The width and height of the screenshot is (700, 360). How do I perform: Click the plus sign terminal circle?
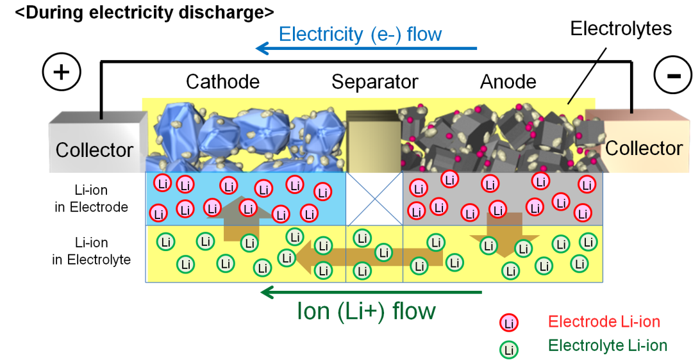[x=62, y=72]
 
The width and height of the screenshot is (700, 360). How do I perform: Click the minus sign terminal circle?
[x=673, y=74]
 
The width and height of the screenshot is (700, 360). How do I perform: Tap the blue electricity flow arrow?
[x=367, y=48]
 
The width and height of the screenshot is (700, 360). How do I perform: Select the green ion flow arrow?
[x=371, y=293]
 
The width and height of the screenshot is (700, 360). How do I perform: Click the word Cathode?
[x=223, y=81]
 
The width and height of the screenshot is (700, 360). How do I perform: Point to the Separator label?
[x=374, y=82]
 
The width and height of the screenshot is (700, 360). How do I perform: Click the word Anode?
[x=508, y=81]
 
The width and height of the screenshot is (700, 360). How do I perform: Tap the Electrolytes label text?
[x=621, y=29]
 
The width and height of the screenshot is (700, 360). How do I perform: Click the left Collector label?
[x=95, y=150]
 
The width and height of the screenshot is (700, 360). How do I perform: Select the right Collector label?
[x=644, y=148]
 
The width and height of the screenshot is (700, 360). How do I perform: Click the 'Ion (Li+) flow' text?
[x=366, y=311]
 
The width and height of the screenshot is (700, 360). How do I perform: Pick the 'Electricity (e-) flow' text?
[x=360, y=34]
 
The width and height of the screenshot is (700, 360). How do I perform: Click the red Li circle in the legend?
[x=509, y=323]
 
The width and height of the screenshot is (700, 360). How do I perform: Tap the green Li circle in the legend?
[x=509, y=350]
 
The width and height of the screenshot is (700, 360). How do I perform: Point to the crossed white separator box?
[x=374, y=199]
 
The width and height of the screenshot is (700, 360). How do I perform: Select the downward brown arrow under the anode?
[x=504, y=234]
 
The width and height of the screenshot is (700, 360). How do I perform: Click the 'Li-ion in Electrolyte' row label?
[x=92, y=251]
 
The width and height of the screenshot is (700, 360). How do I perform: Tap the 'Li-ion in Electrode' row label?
[x=91, y=199]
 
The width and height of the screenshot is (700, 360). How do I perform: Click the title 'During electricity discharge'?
[x=145, y=12]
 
